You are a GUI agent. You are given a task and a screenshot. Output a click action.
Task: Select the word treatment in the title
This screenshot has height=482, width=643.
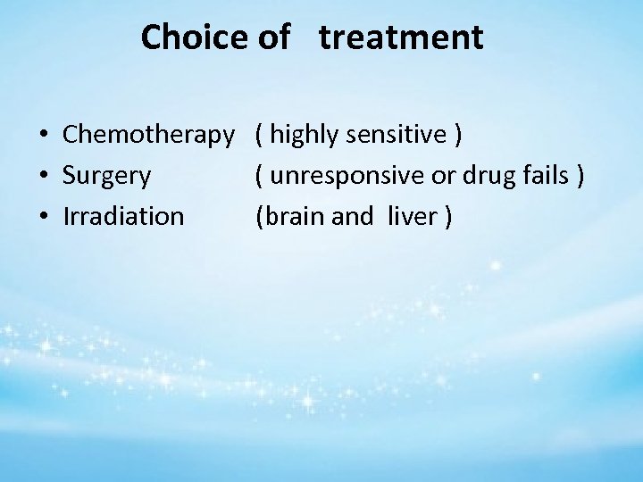pos(401,37)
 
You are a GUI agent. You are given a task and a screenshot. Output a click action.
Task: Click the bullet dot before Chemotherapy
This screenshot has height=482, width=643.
pos(43,136)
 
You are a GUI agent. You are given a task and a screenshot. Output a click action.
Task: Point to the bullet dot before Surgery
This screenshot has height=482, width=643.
pos(43,177)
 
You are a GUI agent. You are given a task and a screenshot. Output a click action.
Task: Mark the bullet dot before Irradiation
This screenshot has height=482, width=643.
pos(43,217)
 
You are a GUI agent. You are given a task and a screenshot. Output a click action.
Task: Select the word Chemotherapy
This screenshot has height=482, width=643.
pos(142,136)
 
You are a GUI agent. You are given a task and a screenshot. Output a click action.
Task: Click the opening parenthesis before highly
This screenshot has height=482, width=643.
pos(259,136)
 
